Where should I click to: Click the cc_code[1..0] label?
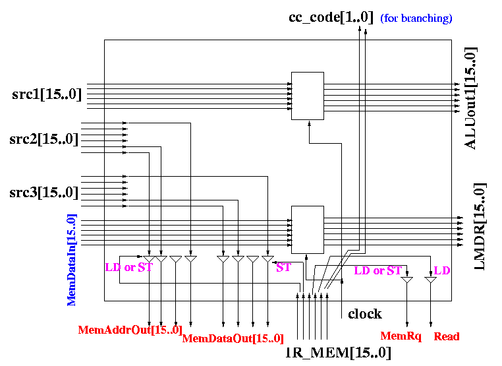(331, 17)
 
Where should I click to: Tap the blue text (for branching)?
(416, 18)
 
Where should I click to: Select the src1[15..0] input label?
(47, 94)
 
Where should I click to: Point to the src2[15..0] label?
(44, 139)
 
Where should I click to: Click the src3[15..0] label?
(44, 193)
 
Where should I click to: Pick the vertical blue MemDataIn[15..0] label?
(72, 260)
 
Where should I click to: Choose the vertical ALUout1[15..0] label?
(470, 98)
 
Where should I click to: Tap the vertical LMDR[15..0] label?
(480, 227)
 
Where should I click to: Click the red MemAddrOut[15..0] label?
(130, 330)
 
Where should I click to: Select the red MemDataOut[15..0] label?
(233, 338)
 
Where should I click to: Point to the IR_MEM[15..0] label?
(338, 353)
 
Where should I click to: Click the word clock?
(365, 314)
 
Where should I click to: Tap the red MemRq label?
(401, 336)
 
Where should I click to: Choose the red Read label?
(447, 336)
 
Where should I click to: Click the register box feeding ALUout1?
(308, 96)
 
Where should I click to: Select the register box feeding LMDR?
(308, 229)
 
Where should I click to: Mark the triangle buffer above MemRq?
(407, 280)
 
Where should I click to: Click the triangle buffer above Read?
(431, 280)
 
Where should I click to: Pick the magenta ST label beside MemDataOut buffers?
(284, 267)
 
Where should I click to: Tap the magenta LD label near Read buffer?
(442, 270)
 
